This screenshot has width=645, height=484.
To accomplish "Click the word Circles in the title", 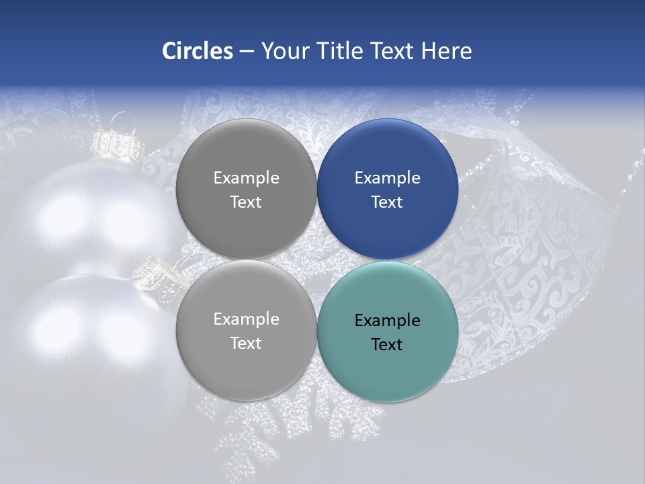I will pyautogui.click(x=198, y=51).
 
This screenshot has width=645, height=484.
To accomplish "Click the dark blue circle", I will pyautogui.click(x=388, y=189).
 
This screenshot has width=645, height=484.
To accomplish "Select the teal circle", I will pyautogui.click(x=388, y=331).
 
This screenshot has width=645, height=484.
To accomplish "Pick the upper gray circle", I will pyautogui.click(x=246, y=189).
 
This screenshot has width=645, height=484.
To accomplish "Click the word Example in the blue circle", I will pyautogui.click(x=388, y=178).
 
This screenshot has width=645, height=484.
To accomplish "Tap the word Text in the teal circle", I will pyautogui.click(x=387, y=345).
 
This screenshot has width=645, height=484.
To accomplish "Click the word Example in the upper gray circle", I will pyautogui.click(x=246, y=178).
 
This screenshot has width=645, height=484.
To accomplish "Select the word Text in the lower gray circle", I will pyautogui.click(x=246, y=344).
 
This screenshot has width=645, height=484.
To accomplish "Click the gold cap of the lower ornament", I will pyautogui.click(x=157, y=272).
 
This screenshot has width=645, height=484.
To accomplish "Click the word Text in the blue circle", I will pyautogui.click(x=387, y=202).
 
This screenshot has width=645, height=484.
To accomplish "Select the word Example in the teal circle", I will pyautogui.click(x=388, y=321).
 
